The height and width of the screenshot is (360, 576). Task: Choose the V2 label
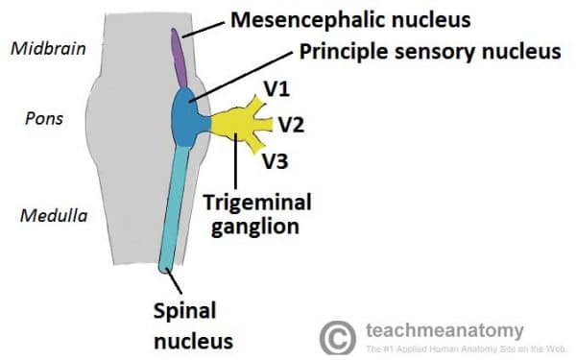point(291,124)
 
